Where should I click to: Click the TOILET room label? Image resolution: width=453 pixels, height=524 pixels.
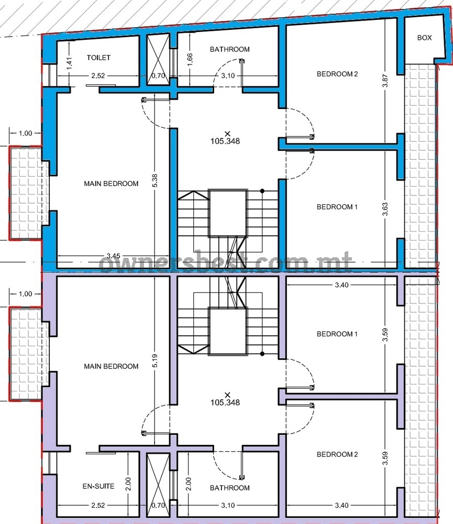click(x=98, y=58)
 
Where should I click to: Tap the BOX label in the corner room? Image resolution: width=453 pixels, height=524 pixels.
click(x=424, y=38)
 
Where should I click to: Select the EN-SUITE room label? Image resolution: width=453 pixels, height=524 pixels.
click(x=98, y=486)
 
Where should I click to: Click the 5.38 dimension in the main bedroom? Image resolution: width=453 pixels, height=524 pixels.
click(x=154, y=181)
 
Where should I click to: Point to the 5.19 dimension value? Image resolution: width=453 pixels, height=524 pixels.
click(x=154, y=361)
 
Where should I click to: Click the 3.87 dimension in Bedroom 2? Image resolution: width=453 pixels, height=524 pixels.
click(x=385, y=81)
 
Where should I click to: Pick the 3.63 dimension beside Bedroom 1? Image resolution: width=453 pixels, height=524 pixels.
click(x=385, y=209)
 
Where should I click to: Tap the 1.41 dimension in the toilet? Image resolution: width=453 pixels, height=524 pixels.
click(x=69, y=63)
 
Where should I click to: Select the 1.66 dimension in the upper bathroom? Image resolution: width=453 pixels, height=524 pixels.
click(x=190, y=60)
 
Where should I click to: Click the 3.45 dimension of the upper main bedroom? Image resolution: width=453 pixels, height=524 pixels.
click(x=113, y=256)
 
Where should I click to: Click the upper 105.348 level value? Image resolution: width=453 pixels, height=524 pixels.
click(x=225, y=141)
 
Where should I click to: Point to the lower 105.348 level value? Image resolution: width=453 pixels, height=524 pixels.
click(x=225, y=402)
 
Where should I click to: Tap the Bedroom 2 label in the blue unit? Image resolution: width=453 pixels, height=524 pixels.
click(x=337, y=74)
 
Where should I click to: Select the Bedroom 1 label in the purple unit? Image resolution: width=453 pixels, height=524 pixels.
click(x=337, y=334)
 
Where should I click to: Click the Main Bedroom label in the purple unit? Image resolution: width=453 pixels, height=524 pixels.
click(x=111, y=366)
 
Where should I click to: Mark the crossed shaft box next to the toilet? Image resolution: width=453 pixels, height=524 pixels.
click(x=159, y=59)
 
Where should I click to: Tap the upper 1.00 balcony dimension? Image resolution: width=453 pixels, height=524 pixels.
click(x=25, y=133)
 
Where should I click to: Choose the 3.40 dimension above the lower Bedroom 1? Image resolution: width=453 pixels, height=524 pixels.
click(x=342, y=285)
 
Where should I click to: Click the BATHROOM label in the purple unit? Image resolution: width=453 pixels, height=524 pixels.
click(x=229, y=488)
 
